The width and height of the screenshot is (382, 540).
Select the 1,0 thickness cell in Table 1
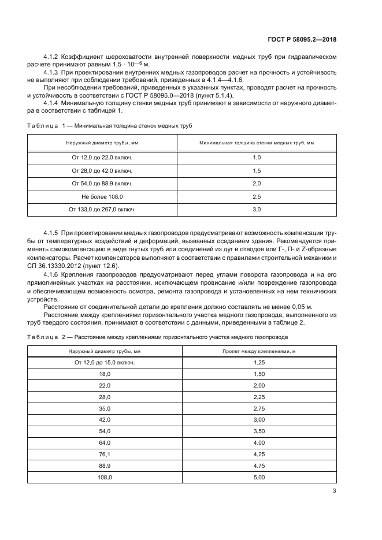click(x=257, y=158)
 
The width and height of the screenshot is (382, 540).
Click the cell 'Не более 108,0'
click(x=102, y=197)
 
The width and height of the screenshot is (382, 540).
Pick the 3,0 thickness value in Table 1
click(x=257, y=210)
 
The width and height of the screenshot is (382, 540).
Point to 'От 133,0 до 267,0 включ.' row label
click(x=102, y=210)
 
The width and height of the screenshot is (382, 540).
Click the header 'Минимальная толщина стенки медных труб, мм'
click(x=257, y=143)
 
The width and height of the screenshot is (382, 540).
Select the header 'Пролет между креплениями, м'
click(x=259, y=352)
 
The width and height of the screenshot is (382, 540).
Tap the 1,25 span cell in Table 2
click(x=259, y=363)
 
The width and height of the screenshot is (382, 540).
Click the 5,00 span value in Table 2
click(x=259, y=478)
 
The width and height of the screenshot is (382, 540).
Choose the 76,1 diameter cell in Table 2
click(x=104, y=455)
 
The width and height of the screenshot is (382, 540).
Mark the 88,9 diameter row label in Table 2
click(x=104, y=466)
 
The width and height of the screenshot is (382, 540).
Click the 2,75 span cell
click(x=259, y=408)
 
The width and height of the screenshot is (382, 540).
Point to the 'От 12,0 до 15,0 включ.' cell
click(x=104, y=363)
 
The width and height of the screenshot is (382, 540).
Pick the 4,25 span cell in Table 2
click(x=259, y=455)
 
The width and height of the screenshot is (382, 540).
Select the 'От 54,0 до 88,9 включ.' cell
click(x=102, y=184)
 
